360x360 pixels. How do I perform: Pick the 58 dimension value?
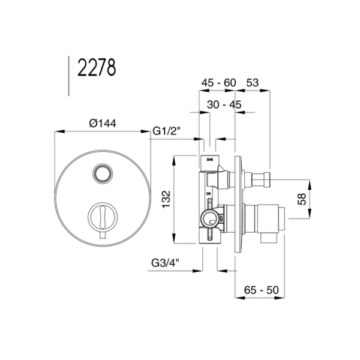(x=302, y=199)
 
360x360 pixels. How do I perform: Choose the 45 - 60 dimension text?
(x=218, y=83)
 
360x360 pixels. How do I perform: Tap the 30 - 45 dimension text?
(x=224, y=104)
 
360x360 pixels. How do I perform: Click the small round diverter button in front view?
(x=103, y=174)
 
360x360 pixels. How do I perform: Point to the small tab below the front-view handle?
(x=102, y=238)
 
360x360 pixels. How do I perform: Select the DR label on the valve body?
(x=208, y=194)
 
